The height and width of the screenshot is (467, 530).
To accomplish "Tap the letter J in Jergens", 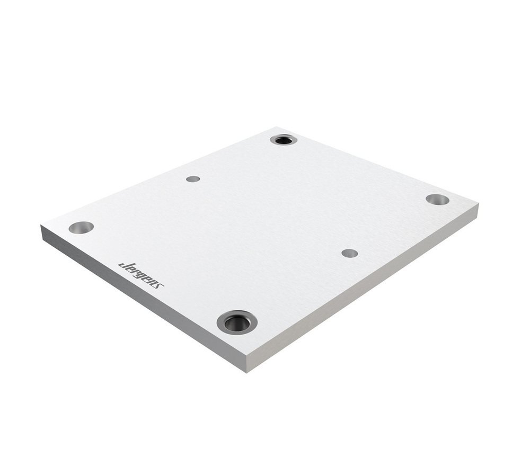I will [122, 265].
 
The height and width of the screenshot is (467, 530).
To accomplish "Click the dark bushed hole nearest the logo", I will [237, 322].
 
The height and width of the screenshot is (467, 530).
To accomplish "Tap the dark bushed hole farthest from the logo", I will [284, 140].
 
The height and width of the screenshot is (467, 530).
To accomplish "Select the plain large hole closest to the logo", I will [81, 227].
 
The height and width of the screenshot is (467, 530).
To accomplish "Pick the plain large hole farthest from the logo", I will [437, 200].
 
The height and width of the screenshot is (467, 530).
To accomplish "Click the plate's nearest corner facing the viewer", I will [247, 356].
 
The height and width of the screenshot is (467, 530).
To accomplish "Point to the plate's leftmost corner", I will [42, 226].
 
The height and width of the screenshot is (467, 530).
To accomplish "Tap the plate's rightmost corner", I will [478, 204].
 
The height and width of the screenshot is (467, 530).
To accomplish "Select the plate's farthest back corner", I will [277, 128].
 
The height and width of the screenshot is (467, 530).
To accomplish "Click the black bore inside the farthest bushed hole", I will [284, 140].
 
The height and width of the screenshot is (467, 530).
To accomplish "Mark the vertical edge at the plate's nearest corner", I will [247, 364].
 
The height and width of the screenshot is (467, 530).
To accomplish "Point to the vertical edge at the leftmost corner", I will [42, 232].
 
